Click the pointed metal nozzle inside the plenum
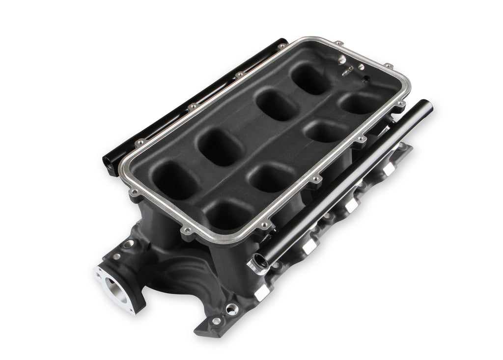348,72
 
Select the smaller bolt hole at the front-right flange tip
216,321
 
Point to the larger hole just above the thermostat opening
128,244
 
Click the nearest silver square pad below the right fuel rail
261,292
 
